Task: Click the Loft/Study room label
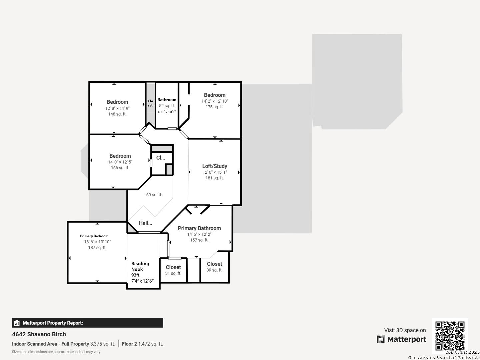point(215,166)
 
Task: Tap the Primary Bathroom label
point(199,228)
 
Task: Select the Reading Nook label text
point(140,266)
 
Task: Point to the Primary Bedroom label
point(94,236)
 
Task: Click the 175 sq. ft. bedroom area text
point(215,107)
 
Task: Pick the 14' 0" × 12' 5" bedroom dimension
point(120,162)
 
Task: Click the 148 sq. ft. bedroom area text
point(117,114)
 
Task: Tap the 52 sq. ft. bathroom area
point(167,106)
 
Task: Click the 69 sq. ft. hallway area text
point(154,195)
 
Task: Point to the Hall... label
point(145,223)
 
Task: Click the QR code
point(450,336)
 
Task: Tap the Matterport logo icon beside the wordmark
point(381,339)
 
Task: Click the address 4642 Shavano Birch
point(39,334)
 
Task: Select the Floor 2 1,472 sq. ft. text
point(142,344)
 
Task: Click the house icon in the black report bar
point(17,323)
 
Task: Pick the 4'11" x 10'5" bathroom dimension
point(166,112)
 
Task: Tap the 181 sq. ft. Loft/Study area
point(215,178)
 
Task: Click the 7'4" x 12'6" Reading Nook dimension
point(142,281)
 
